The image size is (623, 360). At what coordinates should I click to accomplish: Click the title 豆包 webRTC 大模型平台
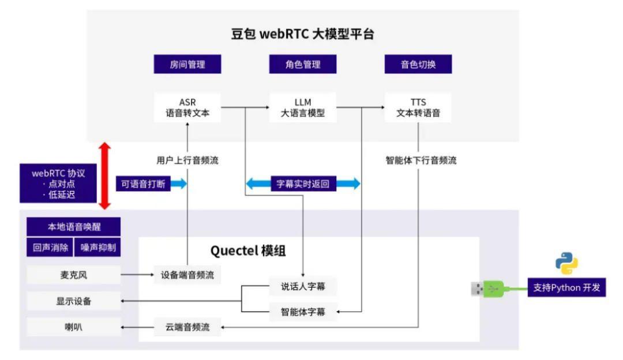pos(303,33)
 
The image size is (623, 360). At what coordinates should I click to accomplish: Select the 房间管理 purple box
pos(187,65)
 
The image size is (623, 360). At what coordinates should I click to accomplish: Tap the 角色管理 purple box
pos(303,65)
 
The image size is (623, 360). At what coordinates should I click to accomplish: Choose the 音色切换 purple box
pos(418,65)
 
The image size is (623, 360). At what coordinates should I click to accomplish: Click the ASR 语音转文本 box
pos(187,107)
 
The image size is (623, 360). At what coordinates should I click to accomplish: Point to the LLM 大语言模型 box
pos(303,107)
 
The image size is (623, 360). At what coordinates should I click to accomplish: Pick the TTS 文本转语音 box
pos(418,107)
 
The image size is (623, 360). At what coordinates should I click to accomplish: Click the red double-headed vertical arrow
pos(104,175)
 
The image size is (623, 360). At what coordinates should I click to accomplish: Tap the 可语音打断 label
pos(143,184)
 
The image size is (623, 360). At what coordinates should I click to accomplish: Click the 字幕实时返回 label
pos(303,184)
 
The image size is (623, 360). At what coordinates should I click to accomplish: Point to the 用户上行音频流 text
pos(187,161)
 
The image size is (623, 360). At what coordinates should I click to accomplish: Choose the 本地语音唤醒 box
pos(74,226)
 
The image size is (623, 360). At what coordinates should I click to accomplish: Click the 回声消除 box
pos(49,248)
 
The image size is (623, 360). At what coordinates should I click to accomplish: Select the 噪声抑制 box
pos(97,248)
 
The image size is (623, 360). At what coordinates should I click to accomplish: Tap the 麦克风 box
pos(74,275)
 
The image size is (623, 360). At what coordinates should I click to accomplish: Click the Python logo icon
pos(566,263)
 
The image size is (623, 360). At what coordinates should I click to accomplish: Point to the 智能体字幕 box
pos(303,312)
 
